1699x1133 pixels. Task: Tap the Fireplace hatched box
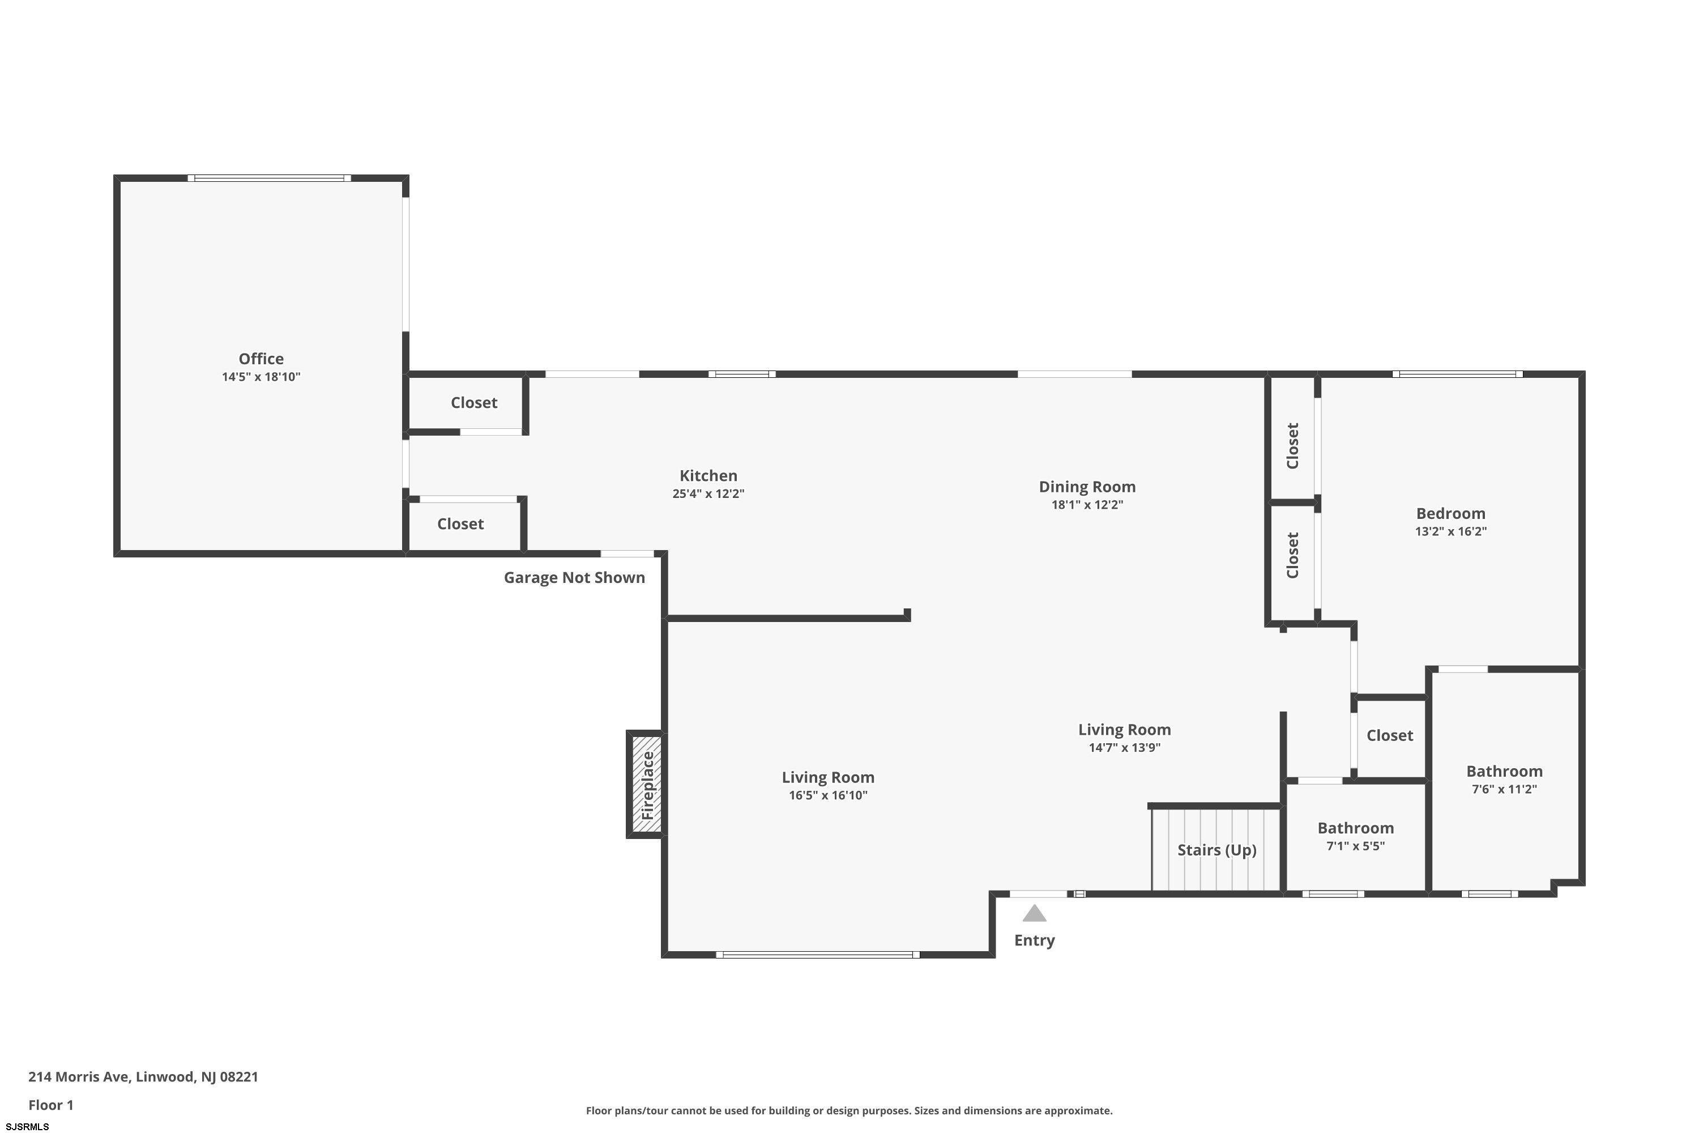647,785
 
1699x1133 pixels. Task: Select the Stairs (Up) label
1216,850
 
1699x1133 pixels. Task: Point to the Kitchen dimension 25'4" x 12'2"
708,493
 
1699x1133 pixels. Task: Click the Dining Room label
1087,486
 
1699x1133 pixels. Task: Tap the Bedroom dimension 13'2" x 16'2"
1450,531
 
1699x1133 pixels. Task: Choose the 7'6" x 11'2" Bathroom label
1504,789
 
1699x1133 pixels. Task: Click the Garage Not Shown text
574,577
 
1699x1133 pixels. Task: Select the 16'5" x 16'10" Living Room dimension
828,795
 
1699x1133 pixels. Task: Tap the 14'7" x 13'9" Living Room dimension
1125,748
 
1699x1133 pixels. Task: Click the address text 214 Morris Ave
79,1077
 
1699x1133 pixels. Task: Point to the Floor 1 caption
50,1105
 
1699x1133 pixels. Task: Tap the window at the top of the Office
270,178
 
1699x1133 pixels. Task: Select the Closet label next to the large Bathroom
1390,735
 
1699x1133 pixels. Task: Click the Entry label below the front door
1035,940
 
